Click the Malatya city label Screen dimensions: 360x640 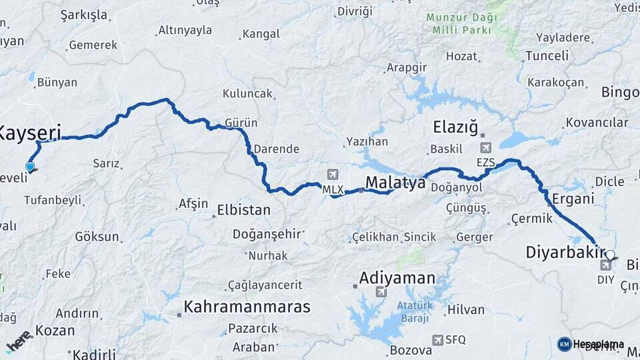(x=395, y=183)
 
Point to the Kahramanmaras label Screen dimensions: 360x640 (x=247, y=307)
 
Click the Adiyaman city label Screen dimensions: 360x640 (x=397, y=277)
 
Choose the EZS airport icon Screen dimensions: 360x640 (x=485, y=148)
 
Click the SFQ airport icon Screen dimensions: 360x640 (x=437, y=339)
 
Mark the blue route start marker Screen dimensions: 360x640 (x=30, y=166)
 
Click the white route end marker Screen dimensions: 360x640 (x=609, y=254)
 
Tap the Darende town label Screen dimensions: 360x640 (x=277, y=149)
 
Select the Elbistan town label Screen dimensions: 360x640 (x=244, y=211)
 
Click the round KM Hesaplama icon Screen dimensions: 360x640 (x=564, y=344)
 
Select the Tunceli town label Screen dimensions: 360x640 (x=547, y=56)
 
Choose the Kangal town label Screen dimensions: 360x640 (x=261, y=33)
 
